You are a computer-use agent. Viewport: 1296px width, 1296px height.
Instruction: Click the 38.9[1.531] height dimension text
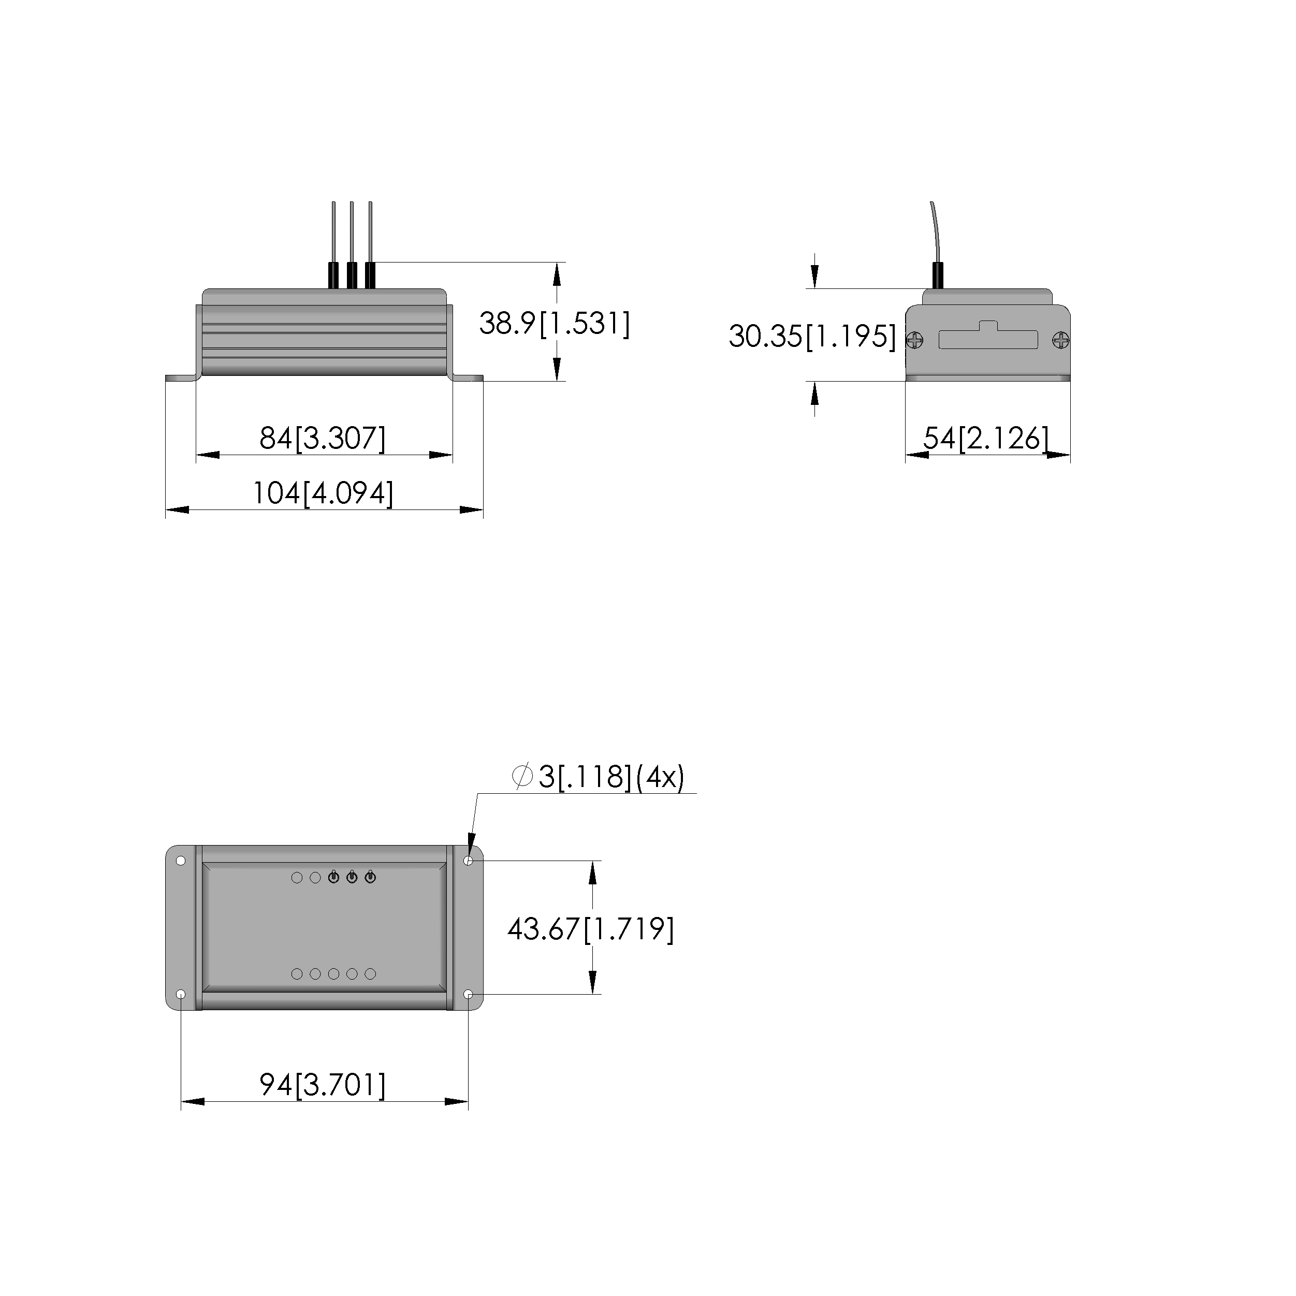click(x=554, y=324)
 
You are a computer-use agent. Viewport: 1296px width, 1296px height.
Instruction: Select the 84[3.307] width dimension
click(x=323, y=439)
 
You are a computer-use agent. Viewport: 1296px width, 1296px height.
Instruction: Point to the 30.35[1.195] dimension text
click(x=812, y=336)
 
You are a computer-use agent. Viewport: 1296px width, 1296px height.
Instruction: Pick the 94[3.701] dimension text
click(x=323, y=1085)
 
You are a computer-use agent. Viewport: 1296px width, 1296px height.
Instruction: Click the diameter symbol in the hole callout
click(x=522, y=776)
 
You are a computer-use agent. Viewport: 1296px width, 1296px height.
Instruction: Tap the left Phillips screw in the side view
click(x=915, y=341)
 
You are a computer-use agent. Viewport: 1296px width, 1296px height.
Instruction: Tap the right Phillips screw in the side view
click(x=1060, y=341)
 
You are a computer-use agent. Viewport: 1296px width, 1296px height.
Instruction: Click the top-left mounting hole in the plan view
click(x=181, y=861)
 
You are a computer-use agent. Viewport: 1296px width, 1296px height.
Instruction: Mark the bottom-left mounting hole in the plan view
click(x=181, y=994)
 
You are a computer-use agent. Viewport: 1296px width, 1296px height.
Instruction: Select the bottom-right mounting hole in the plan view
click(x=468, y=994)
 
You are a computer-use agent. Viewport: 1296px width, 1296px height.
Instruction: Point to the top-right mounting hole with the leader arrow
click(x=468, y=861)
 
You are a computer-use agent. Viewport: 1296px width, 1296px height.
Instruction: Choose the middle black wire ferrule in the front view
click(x=352, y=275)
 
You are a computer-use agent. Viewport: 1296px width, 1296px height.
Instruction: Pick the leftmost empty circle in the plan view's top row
click(x=297, y=878)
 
